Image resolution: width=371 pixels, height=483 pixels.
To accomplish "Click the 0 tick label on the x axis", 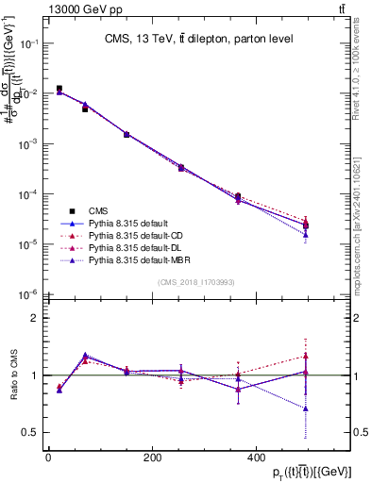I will [x=48, y=458].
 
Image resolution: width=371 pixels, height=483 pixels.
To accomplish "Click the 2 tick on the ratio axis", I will [x=37, y=318].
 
